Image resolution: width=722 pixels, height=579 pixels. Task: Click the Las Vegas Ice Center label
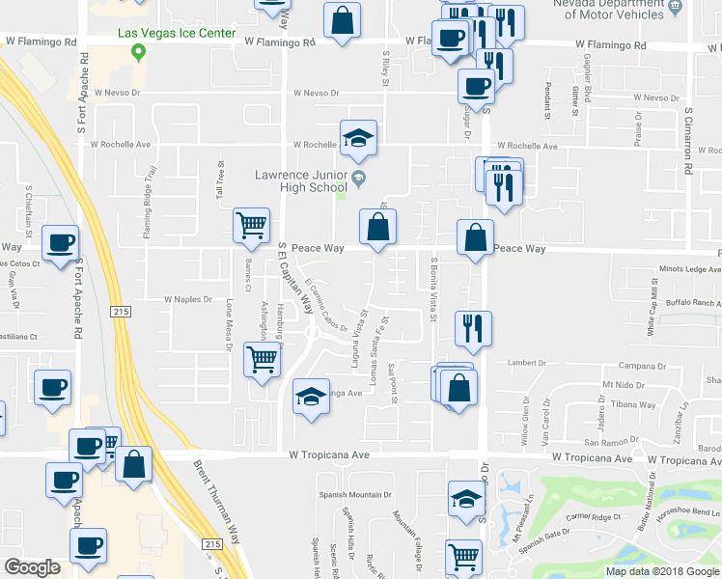point(176,34)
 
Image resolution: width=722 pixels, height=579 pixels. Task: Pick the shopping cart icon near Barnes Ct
point(251,226)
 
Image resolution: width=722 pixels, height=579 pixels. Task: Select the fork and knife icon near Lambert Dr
point(473,328)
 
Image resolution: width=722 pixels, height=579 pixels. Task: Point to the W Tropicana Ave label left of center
point(329,454)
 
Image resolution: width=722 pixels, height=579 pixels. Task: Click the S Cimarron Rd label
point(688,140)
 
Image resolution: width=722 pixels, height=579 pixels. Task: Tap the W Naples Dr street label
point(187,300)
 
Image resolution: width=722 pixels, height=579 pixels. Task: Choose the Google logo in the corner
point(32,567)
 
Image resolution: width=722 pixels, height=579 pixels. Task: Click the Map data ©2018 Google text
point(661,571)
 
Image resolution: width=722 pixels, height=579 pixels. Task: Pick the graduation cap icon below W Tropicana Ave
point(466,500)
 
